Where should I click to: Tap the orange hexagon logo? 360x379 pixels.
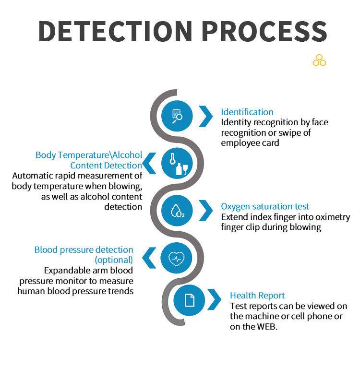click(319, 60)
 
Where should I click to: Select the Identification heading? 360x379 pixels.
click(247, 112)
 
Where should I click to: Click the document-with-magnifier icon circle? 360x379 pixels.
click(177, 116)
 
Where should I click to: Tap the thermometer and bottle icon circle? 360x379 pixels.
click(177, 163)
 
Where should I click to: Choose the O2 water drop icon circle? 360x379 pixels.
click(177, 210)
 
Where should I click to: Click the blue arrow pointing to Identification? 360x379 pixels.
click(206, 116)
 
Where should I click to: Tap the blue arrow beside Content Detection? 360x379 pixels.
click(149, 163)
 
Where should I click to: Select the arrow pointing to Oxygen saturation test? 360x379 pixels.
click(206, 210)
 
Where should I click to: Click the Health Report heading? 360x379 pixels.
click(257, 296)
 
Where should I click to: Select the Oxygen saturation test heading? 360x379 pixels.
click(265, 206)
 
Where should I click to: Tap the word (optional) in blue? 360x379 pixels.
click(114, 260)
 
